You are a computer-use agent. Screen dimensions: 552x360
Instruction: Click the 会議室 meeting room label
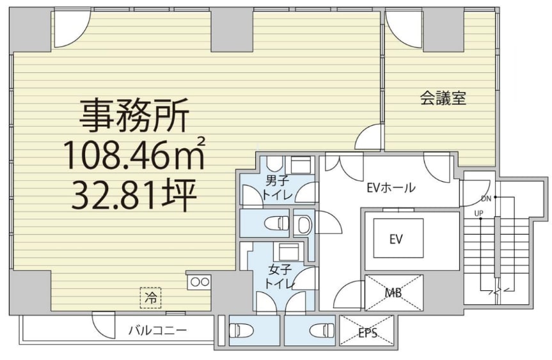[x=443, y=98]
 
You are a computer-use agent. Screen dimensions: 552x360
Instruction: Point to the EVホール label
[x=391, y=187]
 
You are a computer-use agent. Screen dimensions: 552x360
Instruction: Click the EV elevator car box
[x=398, y=239]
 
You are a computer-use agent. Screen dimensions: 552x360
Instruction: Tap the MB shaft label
[x=393, y=292]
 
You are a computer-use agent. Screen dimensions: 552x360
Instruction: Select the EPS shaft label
[x=368, y=333]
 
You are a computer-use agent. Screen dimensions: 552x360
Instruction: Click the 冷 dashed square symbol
[x=151, y=298]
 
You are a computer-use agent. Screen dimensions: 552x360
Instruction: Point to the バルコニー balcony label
[x=157, y=331]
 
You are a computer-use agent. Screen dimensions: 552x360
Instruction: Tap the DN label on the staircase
[x=486, y=199]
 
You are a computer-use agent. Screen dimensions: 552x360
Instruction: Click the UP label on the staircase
[x=479, y=213]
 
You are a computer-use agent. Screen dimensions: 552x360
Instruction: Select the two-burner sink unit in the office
[x=200, y=282]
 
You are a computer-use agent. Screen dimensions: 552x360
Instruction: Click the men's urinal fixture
[x=303, y=224]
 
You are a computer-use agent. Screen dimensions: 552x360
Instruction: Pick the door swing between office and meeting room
[x=368, y=137]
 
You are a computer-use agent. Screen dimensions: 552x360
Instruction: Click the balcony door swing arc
[x=104, y=325]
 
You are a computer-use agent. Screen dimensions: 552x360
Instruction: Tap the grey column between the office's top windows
[x=232, y=29]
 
